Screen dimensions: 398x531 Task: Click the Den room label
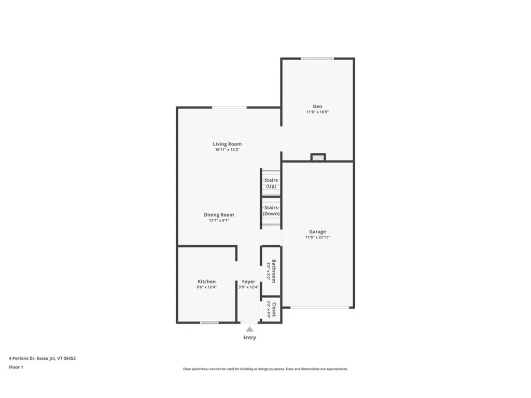[317, 106]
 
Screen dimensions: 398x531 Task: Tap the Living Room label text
[227, 144]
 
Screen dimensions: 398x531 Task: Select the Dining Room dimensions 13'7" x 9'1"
[218, 220]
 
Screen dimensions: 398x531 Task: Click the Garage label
[317, 232]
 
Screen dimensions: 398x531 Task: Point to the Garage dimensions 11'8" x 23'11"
[317, 237]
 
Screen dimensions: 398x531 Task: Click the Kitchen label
[206, 281]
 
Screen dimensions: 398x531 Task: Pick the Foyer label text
[249, 281]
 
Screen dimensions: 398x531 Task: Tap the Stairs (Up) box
[271, 183]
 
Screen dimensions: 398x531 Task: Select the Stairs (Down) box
[271, 210]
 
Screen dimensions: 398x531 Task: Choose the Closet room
[271, 309]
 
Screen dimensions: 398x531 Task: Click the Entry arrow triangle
[249, 329]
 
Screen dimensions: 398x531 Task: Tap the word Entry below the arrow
[249, 337]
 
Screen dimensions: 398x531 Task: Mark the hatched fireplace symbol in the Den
[318, 157]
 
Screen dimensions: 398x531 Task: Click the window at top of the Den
[317, 59]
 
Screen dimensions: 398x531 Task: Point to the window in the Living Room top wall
[229, 107]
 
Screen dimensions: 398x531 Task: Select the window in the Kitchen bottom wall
[209, 322]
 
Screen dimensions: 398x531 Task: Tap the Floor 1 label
[16, 367]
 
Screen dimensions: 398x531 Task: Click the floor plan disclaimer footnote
[265, 369]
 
